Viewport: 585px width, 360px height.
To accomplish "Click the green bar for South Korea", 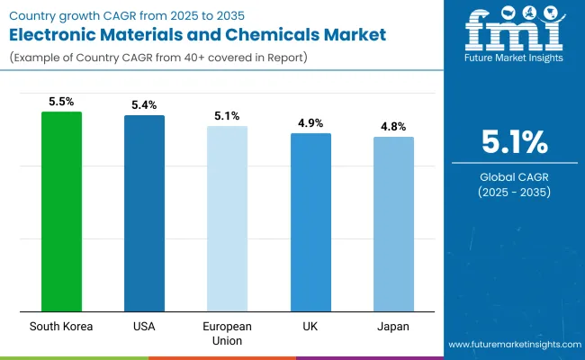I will coord(61,211).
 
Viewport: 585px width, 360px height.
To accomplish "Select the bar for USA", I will coord(144,213).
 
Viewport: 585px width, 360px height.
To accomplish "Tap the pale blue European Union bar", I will coord(227,219).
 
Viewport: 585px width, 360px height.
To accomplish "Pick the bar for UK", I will coord(310,222).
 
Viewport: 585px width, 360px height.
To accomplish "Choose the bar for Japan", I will coord(393,224).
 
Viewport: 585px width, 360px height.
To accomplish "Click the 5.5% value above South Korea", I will coord(61,101).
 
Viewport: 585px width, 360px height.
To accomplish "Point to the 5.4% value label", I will coord(144,104).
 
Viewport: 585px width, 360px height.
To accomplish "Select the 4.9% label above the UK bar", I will coord(310,122).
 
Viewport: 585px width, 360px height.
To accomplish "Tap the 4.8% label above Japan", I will coord(393,126).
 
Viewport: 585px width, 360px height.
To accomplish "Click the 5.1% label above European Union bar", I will coord(227,115).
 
